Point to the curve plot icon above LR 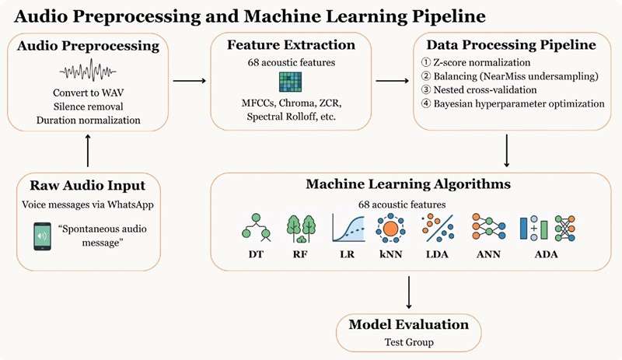349,227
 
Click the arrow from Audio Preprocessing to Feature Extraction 191,80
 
